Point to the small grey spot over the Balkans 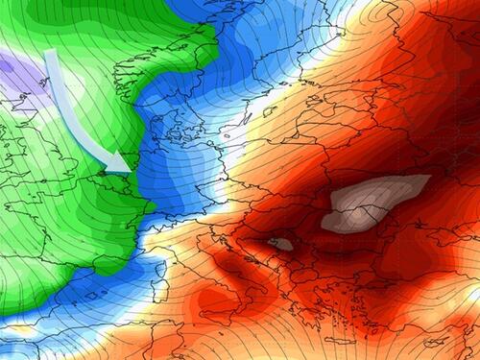click(280, 244)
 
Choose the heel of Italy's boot click(278, 293)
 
